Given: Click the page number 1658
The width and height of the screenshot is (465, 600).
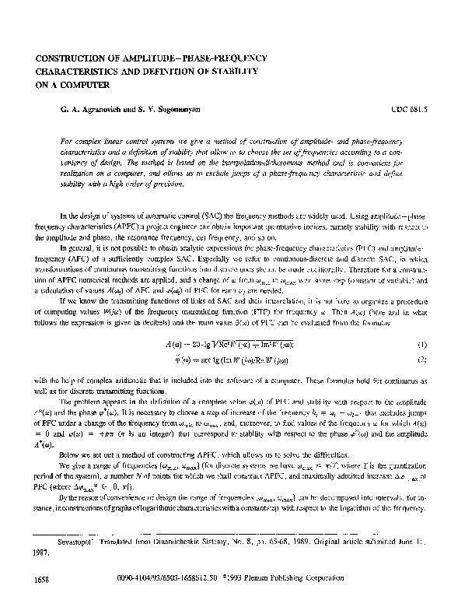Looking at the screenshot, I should click(x=33, y=580).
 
